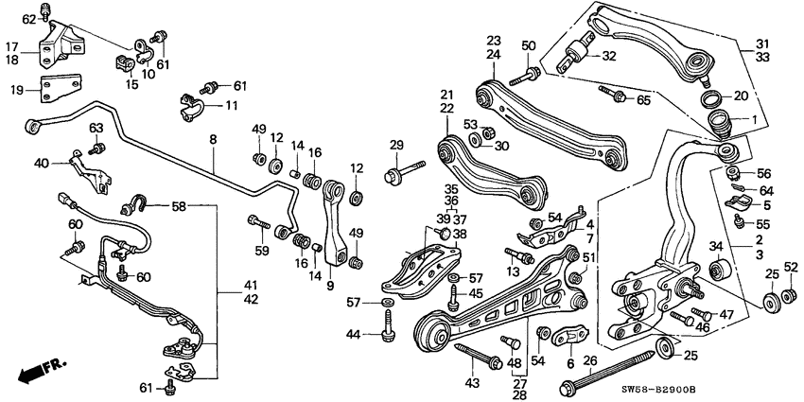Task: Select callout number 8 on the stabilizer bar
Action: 213,139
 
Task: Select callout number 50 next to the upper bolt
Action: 528,45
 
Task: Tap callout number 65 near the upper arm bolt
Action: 643,99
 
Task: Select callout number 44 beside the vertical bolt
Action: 354,334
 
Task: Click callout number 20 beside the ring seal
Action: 741,96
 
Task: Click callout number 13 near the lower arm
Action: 515,271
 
